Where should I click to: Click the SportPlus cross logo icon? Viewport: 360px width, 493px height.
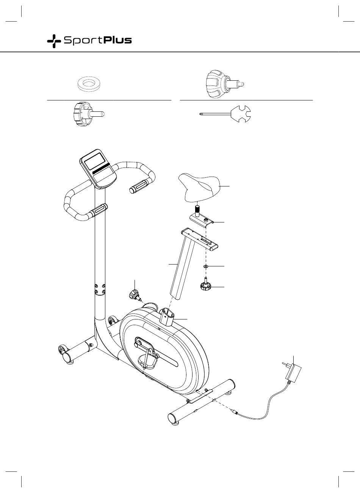(54, 41)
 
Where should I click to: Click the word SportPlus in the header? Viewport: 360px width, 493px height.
(98, 41)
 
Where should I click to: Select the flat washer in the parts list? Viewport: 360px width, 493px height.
(89, 84)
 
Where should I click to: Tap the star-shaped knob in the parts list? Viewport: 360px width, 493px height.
(88, 114)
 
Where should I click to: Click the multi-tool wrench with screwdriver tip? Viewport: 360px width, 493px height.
(225, 114)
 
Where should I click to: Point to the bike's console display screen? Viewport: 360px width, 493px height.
(95, 161)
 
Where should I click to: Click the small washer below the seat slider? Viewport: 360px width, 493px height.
(206, 266)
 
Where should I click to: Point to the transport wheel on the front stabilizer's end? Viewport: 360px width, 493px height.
(62, 349)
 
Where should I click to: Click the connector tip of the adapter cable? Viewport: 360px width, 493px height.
(233, 411)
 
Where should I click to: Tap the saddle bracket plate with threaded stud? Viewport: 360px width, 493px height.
(202, 219)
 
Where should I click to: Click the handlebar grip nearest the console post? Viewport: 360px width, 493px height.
(99, 210)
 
